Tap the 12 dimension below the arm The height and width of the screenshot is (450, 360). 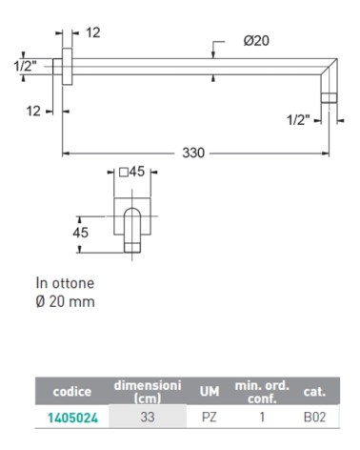pyautogui.click(x=34, y=112)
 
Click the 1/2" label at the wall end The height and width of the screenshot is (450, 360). pyautogui.click(x=24, y=67)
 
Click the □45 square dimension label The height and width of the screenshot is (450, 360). pyautogui.click(x=133, y=174)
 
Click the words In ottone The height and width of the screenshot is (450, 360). pyautogui.click(x=67, y=283)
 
